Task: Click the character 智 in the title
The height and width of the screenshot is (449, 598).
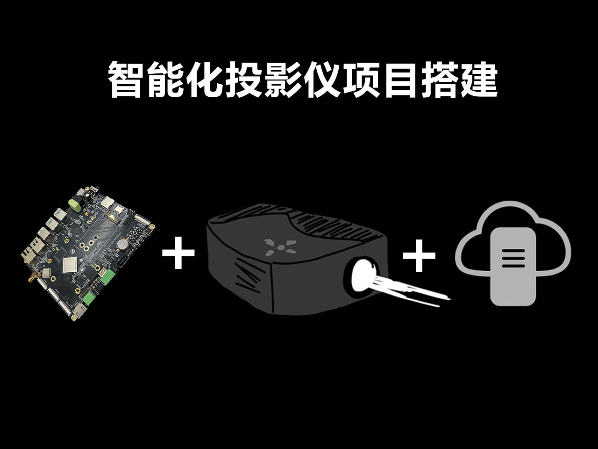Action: [125, 80]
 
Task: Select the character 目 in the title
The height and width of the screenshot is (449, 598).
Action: [400, 80]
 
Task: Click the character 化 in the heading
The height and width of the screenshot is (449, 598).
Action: [205, 80]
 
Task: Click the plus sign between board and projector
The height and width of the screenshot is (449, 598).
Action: [178, 253]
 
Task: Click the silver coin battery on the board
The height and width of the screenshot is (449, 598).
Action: [122, 243]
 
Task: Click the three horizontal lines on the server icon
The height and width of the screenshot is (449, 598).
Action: [513, 258]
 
